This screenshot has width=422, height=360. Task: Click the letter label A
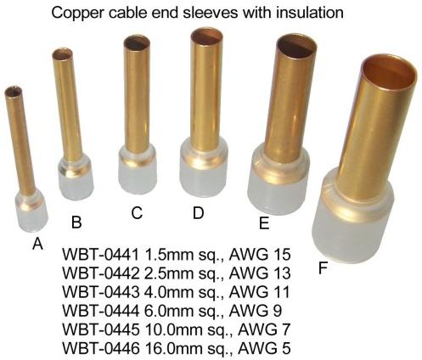[37, 244]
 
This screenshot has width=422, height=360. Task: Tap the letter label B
[76, 222]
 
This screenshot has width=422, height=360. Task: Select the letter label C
[137, 213]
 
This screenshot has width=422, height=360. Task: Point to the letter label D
[198, 213]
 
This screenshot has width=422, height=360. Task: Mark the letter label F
[323, 267]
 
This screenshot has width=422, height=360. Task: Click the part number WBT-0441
[101, 255]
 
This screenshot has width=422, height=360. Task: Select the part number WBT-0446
[101, 348]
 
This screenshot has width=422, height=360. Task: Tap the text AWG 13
[260, 273]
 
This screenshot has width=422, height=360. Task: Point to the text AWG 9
[256, 311]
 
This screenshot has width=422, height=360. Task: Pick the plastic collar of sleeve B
[76, 177]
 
